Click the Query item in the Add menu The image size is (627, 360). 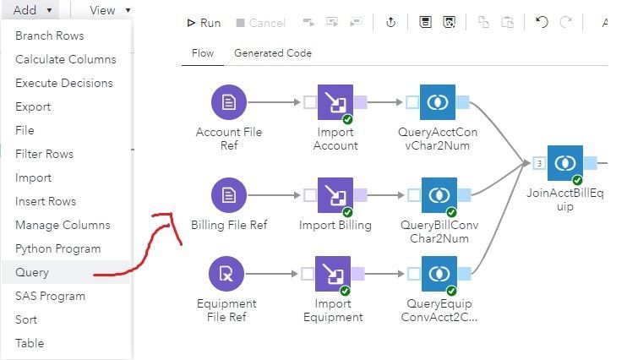[32, 272]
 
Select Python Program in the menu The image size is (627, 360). [57, 248]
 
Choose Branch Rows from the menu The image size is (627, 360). [49, 35]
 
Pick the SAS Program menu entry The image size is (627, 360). [50, 296]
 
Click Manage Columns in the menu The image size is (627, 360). [63, 225]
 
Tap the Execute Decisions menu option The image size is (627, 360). [63, 83]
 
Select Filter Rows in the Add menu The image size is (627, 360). [44, 154]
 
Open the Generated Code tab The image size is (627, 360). [273, 53]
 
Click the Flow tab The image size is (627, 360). [203, 53]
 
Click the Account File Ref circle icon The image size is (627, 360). [228, 102]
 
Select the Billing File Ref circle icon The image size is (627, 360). [228, 195]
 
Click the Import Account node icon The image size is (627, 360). [335, 102]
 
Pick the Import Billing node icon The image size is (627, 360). [335, 195]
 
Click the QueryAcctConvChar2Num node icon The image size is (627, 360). [437, 102]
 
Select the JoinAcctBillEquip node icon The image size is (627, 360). [564, 163]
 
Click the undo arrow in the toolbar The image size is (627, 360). [542, 23]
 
